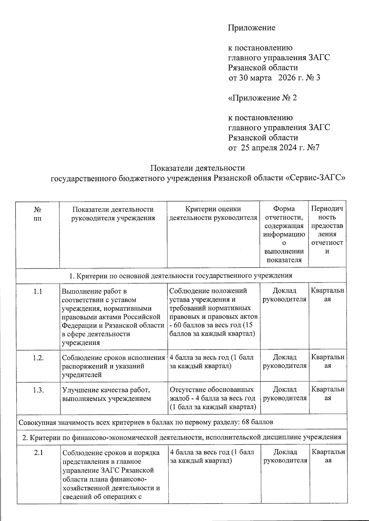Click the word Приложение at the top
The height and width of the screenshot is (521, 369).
click(252, 28)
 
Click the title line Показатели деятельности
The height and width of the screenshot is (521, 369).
click(197, 168)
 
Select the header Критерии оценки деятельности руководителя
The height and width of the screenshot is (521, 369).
click(213, 213)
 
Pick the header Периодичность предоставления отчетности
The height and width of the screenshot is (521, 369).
click(327, 230)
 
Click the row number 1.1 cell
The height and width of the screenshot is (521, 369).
click(38, 291)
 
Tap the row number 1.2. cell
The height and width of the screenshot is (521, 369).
click(38, 358)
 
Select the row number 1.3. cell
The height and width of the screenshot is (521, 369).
click(38, 390)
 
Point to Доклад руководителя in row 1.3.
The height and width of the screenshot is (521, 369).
click(285, 394)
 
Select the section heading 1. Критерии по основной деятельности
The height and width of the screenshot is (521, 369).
click(181, 275)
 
